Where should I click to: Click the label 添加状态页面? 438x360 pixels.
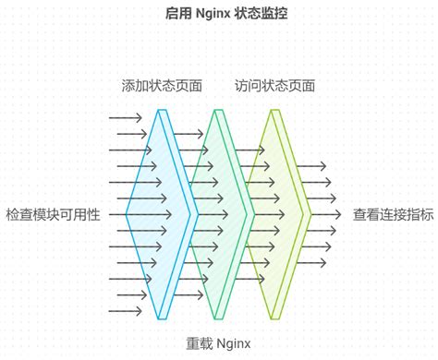162,86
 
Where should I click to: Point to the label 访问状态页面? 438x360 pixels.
274,86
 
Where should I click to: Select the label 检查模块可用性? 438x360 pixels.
53,214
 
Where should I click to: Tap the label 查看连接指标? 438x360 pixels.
393,214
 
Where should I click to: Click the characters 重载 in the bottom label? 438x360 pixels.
199,343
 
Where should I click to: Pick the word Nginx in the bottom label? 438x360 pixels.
234,343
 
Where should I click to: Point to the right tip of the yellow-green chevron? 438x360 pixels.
311,214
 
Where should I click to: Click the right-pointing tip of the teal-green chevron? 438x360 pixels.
250,214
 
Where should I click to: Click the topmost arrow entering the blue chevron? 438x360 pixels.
125,117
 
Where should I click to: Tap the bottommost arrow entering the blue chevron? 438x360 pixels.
125,311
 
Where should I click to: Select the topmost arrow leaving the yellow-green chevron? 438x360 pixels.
311,166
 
